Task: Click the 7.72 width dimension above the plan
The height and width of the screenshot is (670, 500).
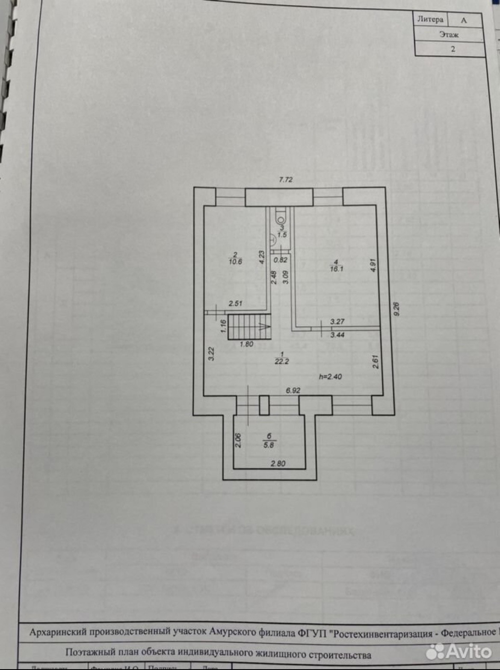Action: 286,180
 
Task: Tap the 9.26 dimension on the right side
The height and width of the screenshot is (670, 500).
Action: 396,309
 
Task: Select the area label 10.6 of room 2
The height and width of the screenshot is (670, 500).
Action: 235,261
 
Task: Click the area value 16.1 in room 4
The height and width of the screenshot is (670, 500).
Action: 337,269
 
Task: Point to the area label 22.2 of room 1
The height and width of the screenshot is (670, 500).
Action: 282,361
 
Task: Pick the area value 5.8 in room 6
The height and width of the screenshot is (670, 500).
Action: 269,445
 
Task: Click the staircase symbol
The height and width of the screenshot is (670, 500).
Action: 249,326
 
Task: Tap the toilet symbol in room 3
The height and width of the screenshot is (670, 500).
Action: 281,213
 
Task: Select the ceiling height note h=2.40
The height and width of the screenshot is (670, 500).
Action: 330,377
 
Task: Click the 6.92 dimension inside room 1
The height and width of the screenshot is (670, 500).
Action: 293,390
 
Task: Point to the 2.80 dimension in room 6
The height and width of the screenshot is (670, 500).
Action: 278,463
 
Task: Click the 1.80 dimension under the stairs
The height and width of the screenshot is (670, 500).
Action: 246,344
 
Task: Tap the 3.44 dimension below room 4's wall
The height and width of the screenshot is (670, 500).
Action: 337,335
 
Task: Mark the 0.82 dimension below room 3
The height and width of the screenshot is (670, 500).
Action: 281,260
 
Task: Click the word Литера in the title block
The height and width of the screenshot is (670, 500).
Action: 430,19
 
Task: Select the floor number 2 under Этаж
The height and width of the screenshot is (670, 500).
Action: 453,49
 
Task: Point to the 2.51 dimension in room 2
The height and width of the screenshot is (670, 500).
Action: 235,303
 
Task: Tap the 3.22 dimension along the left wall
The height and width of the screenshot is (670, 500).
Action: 211,354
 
